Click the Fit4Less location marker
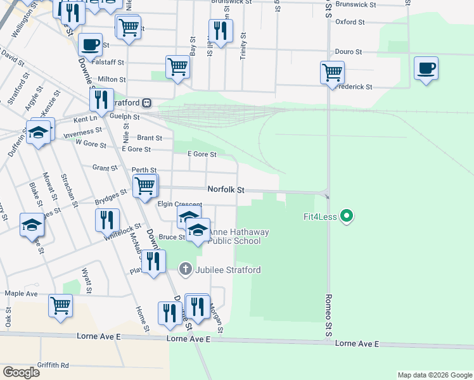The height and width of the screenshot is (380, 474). tap(346, 217)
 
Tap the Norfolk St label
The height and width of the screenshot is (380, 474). tap(226, 190)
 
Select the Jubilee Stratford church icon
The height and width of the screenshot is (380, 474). tap(185, 270)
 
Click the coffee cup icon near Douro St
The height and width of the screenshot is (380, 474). tap(426, 68)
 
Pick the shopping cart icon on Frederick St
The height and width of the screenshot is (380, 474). tap(332, 73)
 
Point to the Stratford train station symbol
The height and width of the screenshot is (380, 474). tap(146, 102)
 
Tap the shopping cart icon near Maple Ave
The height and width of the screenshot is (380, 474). tap(61, 305)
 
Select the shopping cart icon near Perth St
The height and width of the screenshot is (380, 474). tap(145, 186)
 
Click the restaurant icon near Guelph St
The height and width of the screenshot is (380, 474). tap(99, 99)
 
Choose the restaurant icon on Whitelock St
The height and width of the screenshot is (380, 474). tap(107, 220)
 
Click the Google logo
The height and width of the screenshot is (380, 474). tap(21, 372)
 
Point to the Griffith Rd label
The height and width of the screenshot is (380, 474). tap(52, 365)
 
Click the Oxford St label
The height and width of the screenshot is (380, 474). tap(350, 22)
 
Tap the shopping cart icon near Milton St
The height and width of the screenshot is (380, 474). tap(178, 66)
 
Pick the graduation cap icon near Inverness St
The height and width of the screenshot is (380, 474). tap(38, 133)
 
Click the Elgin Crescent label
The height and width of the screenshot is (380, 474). tap(179, 205)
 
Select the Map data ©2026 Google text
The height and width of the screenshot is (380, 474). tap(434, 375)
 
